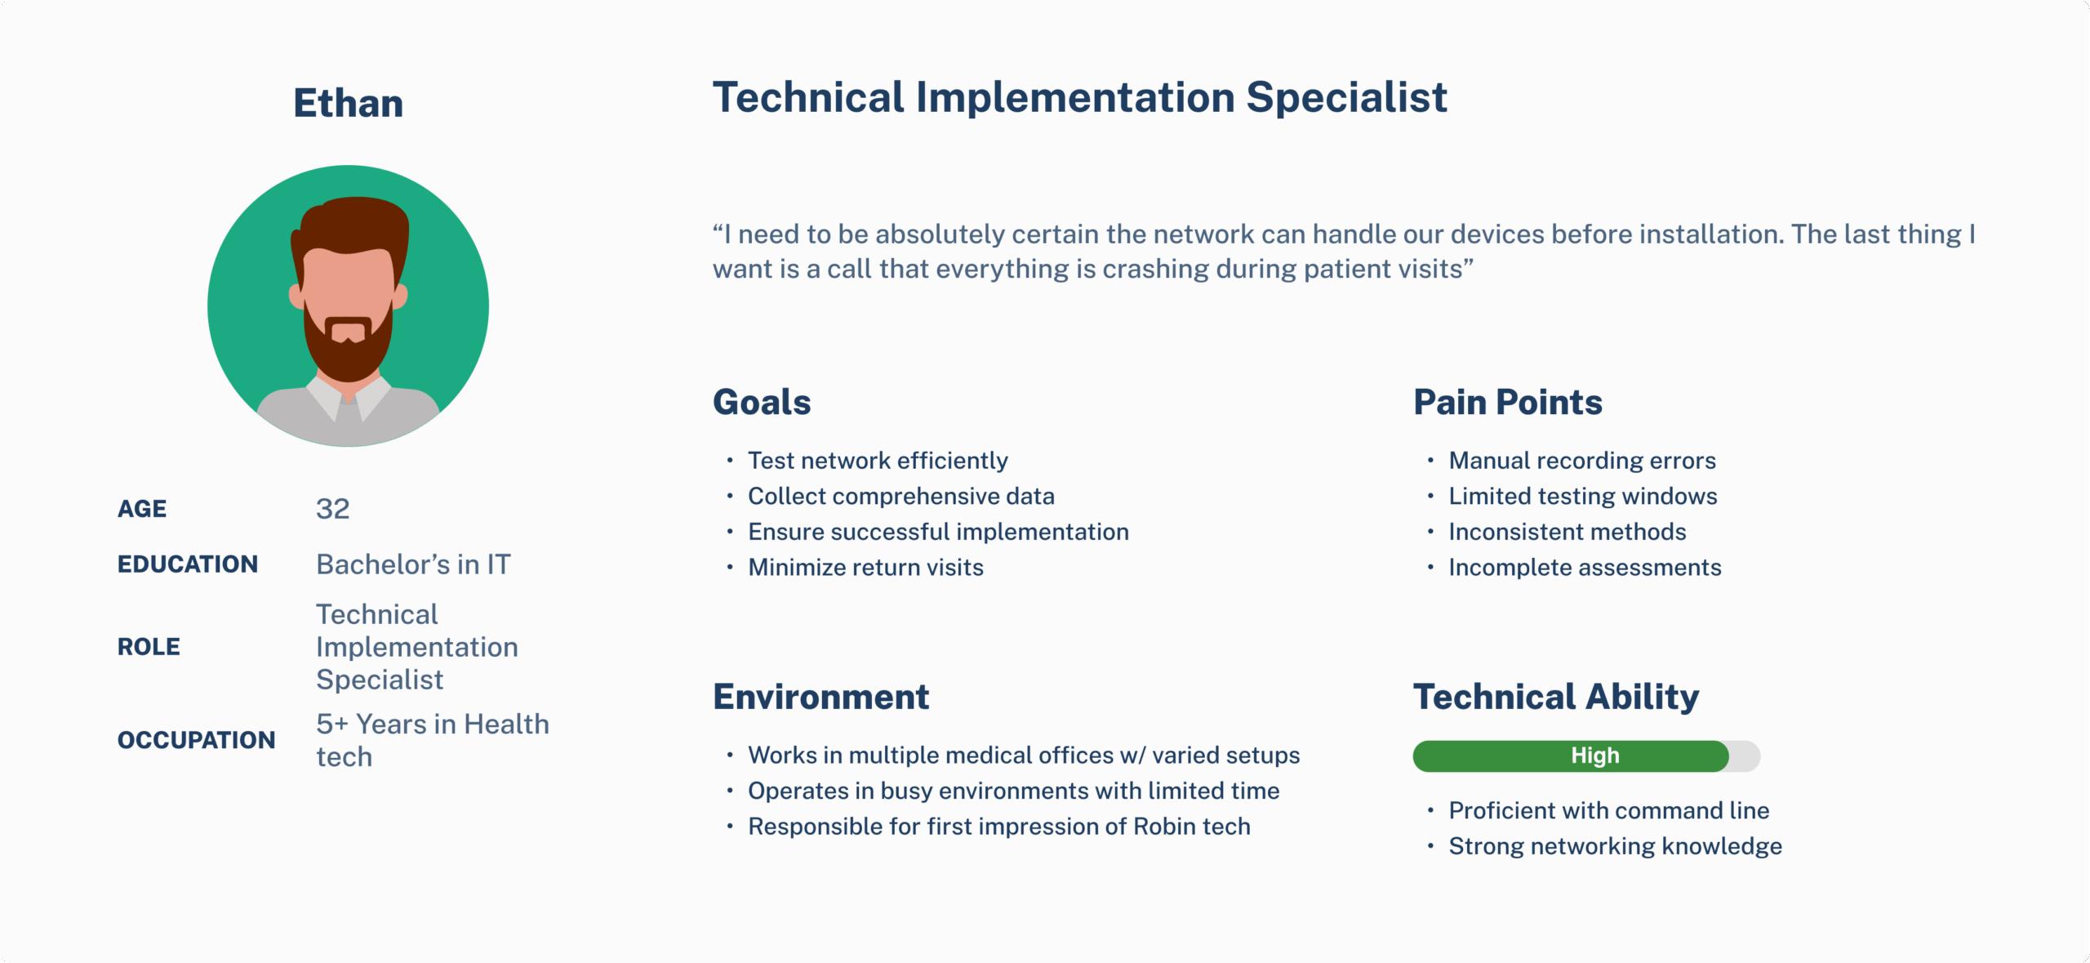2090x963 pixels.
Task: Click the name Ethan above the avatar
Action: pyautogui.click(x=349, y=104)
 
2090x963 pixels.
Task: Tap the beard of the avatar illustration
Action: pyautogui.click(x=348, y=351)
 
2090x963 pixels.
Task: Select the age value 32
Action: pyautogui.click(x=333, y=509)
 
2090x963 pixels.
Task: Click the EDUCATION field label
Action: pyautogui.click(x=188, y=564)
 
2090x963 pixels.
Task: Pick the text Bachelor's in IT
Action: pyautogui.click(x=413, y=564)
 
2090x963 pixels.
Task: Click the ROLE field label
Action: pyautogui.click(x=149, y=647)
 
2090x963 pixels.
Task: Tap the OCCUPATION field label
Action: pyautogui.click(x=197, y=740)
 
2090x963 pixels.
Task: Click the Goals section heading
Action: pyautogui.click(x=762, y=402)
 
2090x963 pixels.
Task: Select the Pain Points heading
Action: pyautogui.click(x=1508, y=402)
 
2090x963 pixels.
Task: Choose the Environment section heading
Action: pyautogui.click(x=821, y=697)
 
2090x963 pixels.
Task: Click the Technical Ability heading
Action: pyautogui.click(x=1556, y=697)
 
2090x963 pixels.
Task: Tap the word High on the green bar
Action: pyautogui.click(x=1595, y=756)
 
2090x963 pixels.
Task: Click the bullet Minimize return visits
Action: pyautogui.click(x=865, y=568)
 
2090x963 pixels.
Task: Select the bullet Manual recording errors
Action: pyautogui.click(x=1582, y=461)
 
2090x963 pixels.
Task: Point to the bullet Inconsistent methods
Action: pyautogui.click(x=1567, y=532)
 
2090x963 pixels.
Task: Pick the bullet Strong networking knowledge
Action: pyautogui.click(x=1615, y=846)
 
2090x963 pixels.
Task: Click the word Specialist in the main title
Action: pyautogui.click(x=1346, y=98)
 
